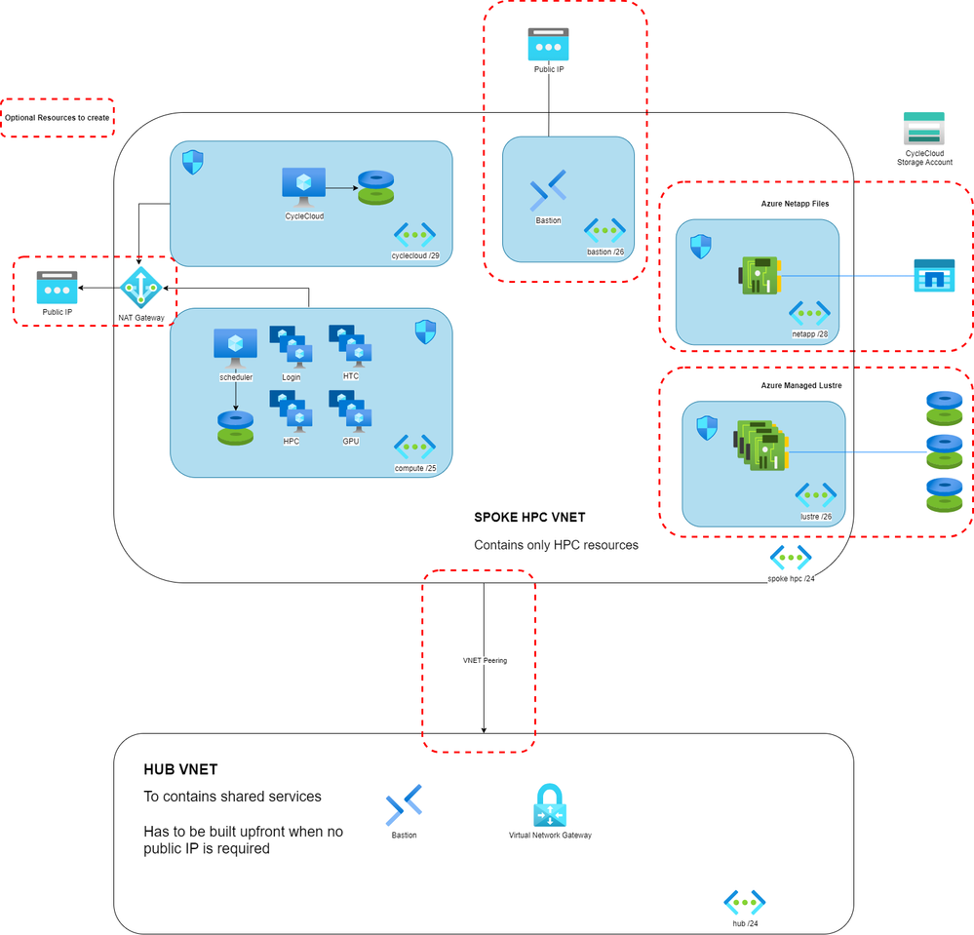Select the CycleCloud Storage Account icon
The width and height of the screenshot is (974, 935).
[x=923, y=130]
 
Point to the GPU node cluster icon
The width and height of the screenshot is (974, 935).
[x=350, y=411]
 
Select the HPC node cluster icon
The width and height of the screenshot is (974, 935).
[x=291, y=411]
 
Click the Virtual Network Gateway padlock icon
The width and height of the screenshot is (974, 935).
[x=550, y=805]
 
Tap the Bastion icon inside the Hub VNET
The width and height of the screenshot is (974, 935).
[x=404, y=805]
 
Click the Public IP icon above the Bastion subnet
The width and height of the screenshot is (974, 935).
[x=548, y=45]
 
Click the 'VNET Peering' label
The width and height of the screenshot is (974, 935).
[x=485, y=660]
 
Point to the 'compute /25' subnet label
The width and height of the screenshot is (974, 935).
[x=414, y=468]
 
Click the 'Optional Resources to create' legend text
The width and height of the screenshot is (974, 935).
[x=58, y=117]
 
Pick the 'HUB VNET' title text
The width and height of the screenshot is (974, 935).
[x=185, y=770]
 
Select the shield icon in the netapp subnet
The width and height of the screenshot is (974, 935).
[x=700, y=247]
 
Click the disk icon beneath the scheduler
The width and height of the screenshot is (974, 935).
[x=235, y=427]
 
